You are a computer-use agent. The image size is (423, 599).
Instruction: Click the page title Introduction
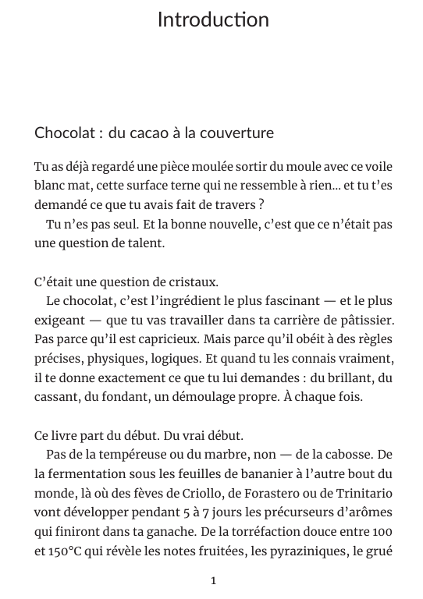tap(213, 19)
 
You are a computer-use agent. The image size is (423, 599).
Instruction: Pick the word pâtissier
tap(366, 320)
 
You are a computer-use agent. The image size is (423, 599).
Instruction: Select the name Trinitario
tap(363, 493)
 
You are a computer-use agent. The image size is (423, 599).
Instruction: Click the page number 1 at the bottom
tap(213, 580)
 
